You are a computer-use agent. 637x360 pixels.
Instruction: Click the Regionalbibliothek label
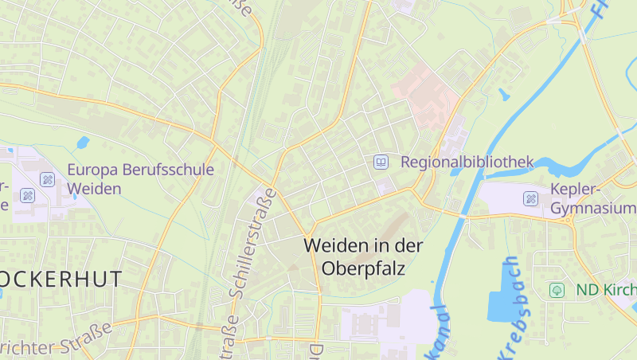point(467,162)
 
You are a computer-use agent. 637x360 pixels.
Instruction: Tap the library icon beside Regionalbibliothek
point(381,162)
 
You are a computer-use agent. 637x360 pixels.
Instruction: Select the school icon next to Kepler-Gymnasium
point(530,198)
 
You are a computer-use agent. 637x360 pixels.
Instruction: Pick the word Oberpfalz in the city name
point(364,268)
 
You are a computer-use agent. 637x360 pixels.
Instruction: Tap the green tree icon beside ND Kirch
point(557,290)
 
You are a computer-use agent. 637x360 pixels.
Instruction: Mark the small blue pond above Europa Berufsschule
point(83,143)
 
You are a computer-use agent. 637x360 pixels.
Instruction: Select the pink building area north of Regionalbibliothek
point(425,96)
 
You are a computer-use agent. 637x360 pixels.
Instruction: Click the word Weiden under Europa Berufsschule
point(94,189)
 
